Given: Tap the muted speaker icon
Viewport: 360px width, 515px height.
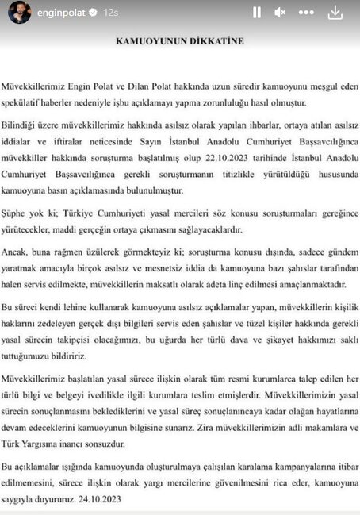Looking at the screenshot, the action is pyautogui.click(x=280, y=13).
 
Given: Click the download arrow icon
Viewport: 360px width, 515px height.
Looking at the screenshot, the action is pyautogui.click(x=335, y=13).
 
